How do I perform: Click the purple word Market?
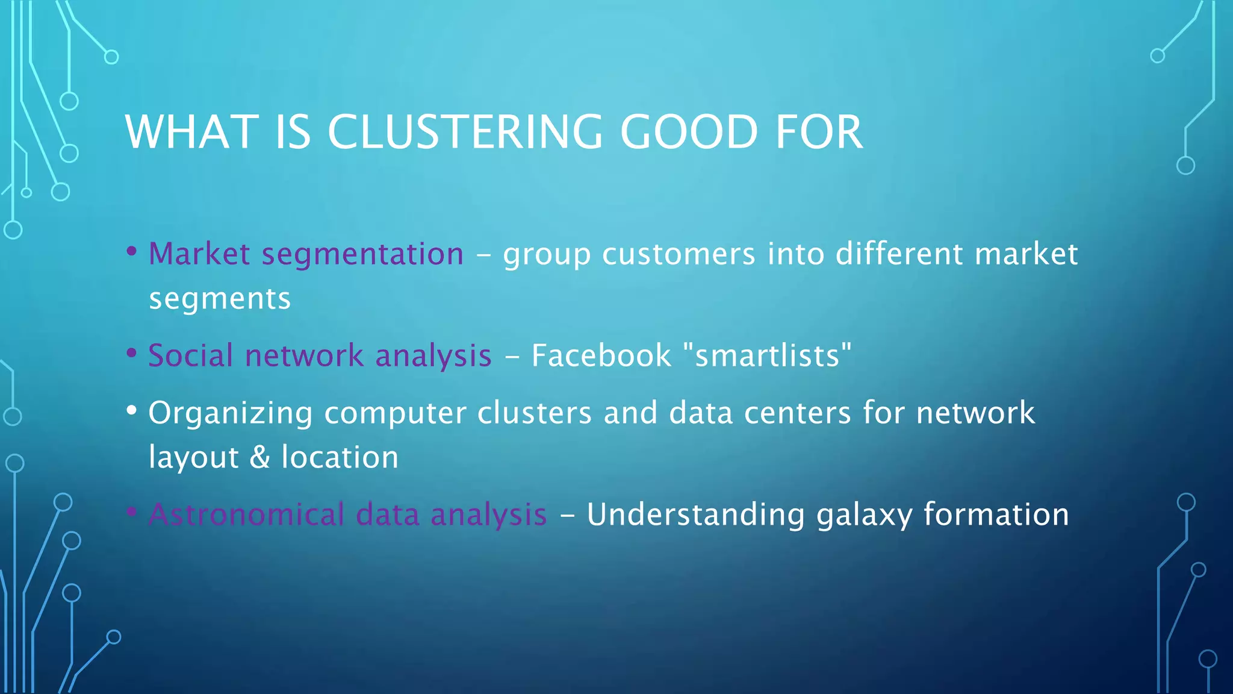click(199, 254)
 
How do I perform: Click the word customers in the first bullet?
click(679, 254)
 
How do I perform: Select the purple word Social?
click(190, 355)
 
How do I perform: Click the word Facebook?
click(601, 355)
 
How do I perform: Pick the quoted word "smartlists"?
click(768, 355)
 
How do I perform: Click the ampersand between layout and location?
click(259, 457)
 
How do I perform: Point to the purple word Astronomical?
click(246, 515)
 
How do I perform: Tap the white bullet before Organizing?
click(132, 410)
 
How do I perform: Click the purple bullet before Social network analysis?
click(132, 353)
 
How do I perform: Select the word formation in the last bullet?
click(996, 515)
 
